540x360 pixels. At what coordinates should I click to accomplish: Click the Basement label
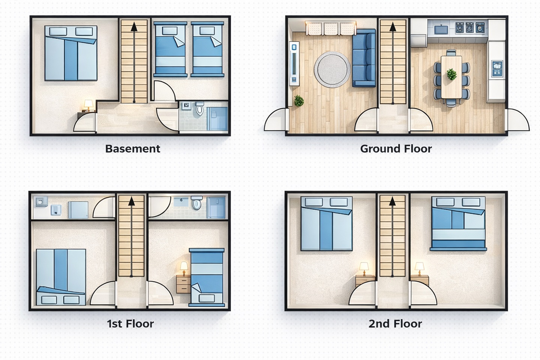pos(133,149)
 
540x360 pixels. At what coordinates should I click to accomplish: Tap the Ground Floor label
pos(396,149)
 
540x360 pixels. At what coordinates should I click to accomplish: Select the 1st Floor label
pos(130,324)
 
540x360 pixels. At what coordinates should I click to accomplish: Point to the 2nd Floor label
pos(395,324)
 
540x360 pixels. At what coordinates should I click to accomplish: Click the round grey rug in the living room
pos(332,69)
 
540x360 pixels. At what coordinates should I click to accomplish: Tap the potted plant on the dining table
pos(451,74)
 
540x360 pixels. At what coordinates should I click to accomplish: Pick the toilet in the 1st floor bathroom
pos(196,203)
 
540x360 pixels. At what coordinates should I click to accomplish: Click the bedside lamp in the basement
pos(88,106)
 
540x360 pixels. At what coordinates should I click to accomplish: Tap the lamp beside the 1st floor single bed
pos(184,268)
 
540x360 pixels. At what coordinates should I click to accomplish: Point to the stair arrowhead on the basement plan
pos(134,27)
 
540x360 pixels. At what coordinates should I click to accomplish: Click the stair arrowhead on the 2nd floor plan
pos(393,201)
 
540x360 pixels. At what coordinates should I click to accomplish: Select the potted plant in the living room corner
pos(298,101)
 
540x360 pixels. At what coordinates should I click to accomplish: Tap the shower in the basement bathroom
pos(217,118)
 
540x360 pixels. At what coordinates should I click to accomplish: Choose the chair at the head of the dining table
pos(451,52)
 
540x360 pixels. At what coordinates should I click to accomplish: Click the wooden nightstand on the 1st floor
pos(183,284)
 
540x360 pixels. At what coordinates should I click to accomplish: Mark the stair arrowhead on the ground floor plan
pos(393,27)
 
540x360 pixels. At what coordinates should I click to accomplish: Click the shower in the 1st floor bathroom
pos(216,208)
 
